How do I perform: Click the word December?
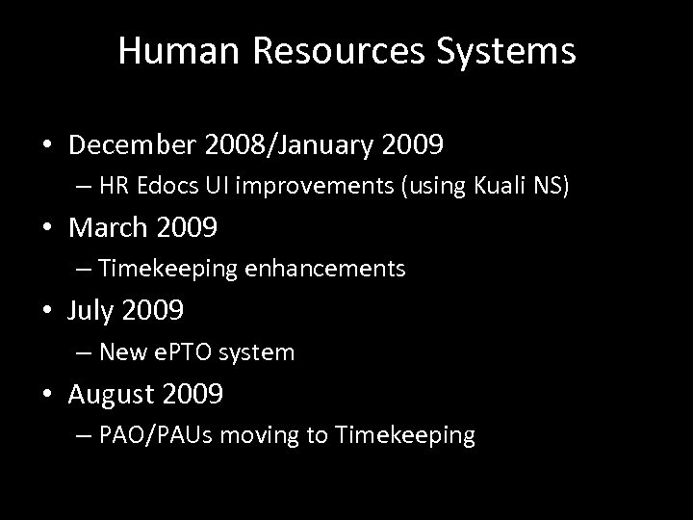[x=135, y=145]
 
